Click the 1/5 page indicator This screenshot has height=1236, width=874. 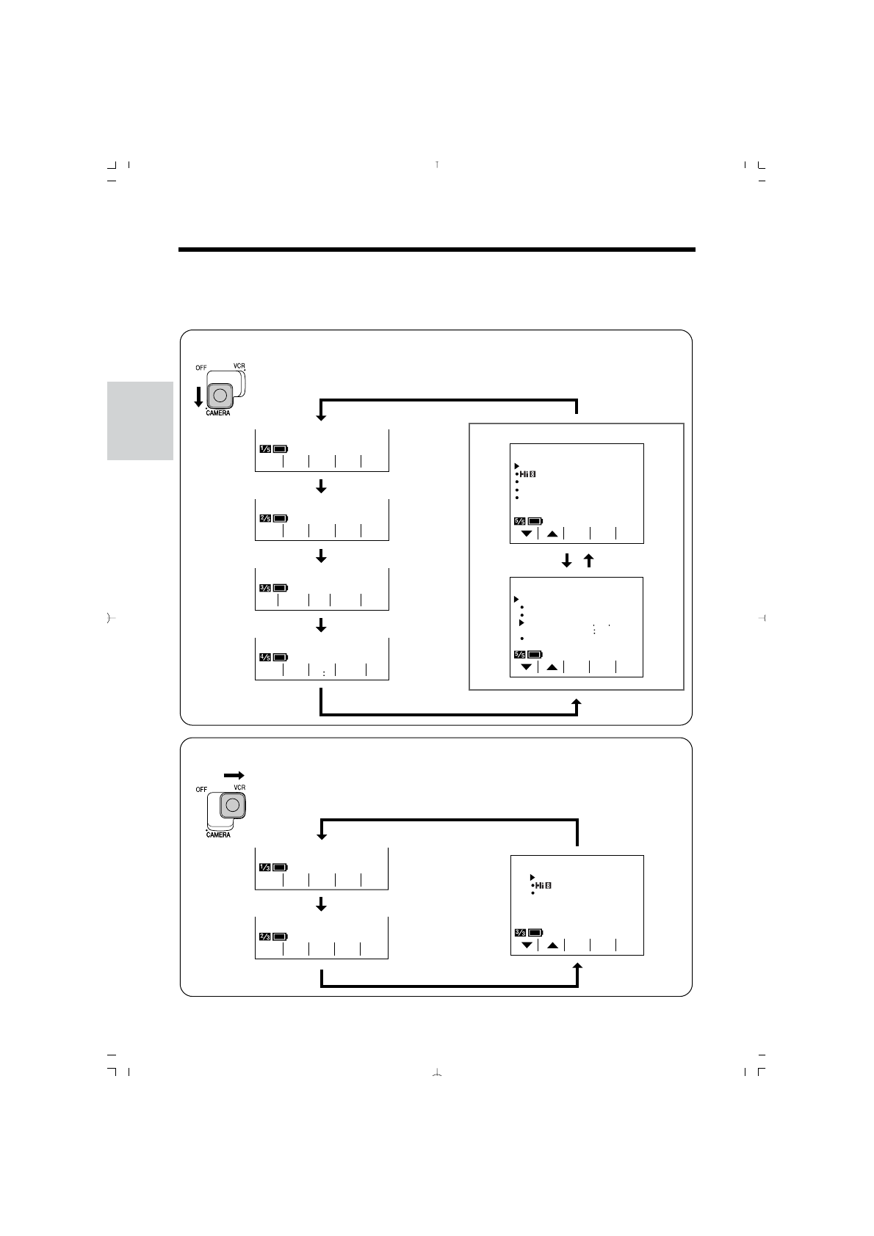tap(265, 448)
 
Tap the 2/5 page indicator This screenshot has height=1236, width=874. tap(265, 518)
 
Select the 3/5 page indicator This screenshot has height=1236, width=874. tap(265, 587)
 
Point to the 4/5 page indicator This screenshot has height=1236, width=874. tap(265, 657)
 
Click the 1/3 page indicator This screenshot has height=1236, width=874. tap(265, 867)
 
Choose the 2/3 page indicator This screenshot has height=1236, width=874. tap(265, 937)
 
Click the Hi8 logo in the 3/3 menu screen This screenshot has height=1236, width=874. tap(543, 886)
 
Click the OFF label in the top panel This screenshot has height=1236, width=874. tap(201, 368)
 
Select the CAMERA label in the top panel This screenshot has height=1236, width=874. tap(217, 413)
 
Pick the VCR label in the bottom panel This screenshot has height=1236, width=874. tap(239, 788)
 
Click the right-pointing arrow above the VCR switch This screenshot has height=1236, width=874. tap(234, 775)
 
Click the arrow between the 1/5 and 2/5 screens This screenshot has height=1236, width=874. tap(321, 487)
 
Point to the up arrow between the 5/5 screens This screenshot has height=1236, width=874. tap(588, 561)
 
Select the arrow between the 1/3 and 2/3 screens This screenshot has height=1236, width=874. tap(321, 906)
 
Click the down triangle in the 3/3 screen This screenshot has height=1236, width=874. tap(527, 945)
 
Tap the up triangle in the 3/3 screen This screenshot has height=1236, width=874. tap(552, 945)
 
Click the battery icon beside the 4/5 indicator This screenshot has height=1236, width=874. tap(281, 657)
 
